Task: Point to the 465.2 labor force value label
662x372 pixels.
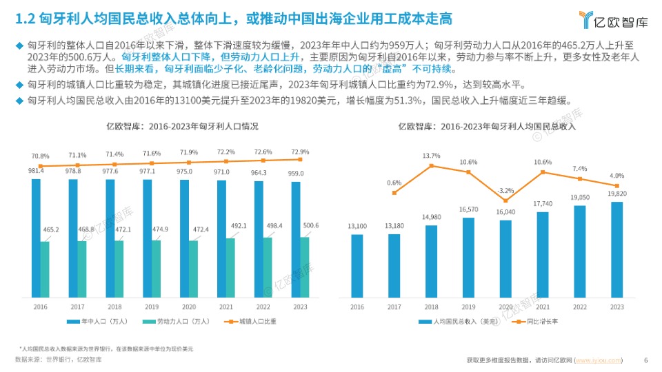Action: (x=50, y=229)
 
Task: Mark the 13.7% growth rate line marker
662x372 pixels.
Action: (x=432, y=165)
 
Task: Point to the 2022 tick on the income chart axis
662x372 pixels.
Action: (x=580, y=307)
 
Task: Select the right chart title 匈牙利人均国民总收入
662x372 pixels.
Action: (x=488, y=127)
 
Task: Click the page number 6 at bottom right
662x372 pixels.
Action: (x=645, y=360)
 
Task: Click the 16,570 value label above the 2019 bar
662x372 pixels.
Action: (x=469, y=209)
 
